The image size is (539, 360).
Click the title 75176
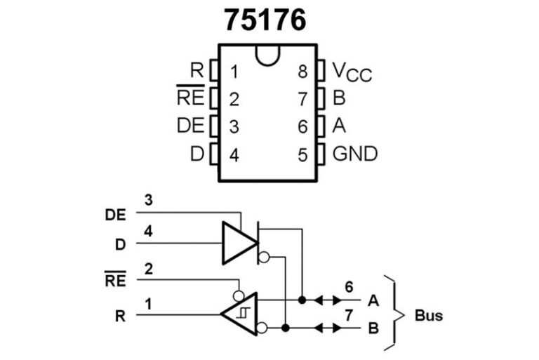click(265, 20)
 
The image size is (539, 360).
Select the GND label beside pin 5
click(354, 154)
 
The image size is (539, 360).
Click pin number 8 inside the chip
click(302, 72)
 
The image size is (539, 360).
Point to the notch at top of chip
click(269, 54)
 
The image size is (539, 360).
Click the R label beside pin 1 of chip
click(197, 71)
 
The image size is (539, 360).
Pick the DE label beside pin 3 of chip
click(190, 126)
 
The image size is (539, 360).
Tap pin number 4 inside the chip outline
click(234, 154)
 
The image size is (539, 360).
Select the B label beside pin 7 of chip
click(339, 99)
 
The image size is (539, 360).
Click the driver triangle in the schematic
click(238, 243)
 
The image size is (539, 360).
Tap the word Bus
click(429, 315)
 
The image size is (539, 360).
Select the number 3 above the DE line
click(148, 199)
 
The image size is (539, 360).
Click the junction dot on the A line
click(302, 300)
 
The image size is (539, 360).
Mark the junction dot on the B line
click(286, 328)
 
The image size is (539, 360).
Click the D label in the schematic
click(121, 245)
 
